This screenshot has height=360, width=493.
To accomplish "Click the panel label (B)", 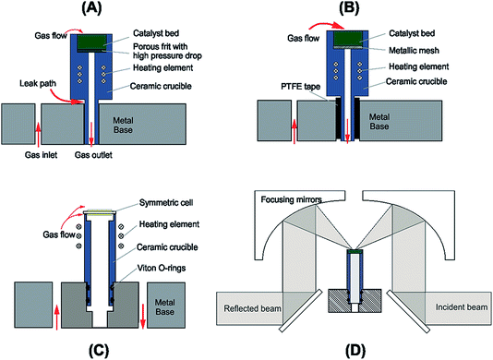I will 356,11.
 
